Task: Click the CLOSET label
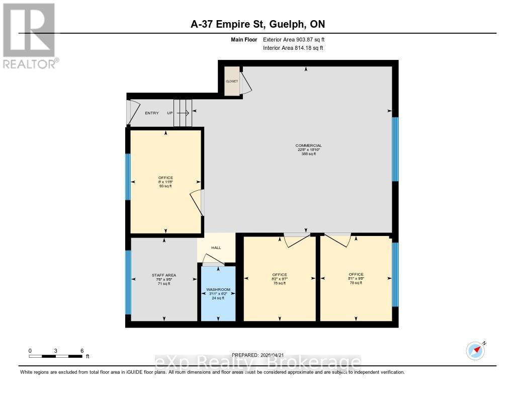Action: click(x=231, y=81)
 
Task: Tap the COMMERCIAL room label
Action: click(x=309, y=145)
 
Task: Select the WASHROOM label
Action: click(x=218, y=290)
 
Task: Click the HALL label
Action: click(x=216, y=248)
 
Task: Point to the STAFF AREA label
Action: click(x=163, y=275)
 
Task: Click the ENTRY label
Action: click(x=151, y=113)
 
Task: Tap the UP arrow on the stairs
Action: click(x=183, y=113)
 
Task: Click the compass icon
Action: click(x=475, y=351)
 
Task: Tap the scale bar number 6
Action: click(x=81, y=351)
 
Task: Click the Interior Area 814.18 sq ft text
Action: click(x=293, y=48)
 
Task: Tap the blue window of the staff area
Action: click(x=128, y=282)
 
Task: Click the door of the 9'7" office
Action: click(x=296, y=238)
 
